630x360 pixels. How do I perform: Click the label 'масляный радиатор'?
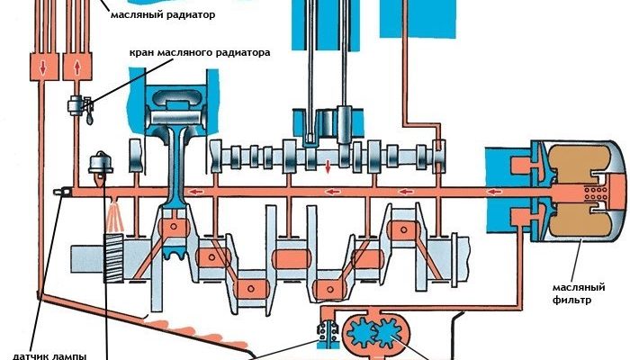[x=166, y=15]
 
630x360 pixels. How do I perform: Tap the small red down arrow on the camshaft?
[x=328, y=166]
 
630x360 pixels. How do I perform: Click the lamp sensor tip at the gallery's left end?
[x=59, y=192]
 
